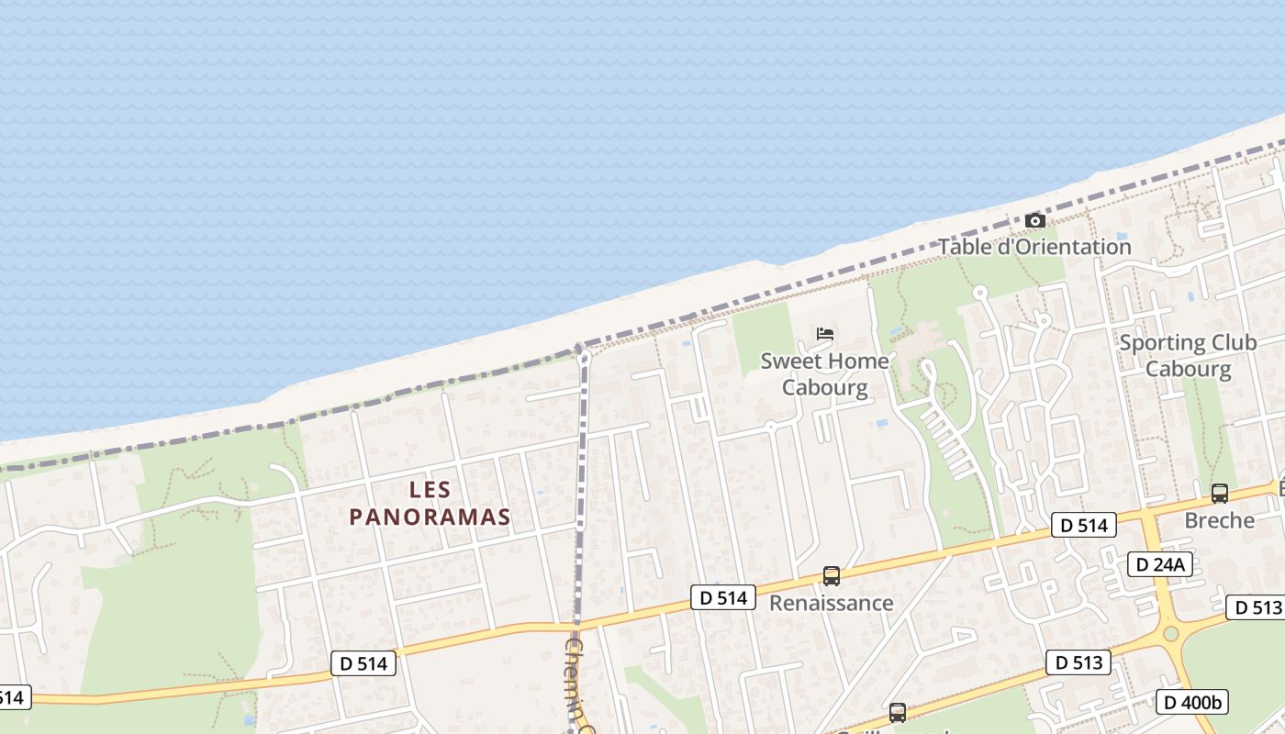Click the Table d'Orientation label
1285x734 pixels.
[x=1034, y=247]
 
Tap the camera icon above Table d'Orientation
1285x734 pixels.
[x=1034, y=220]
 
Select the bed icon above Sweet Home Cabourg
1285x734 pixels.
[x=824, y=334]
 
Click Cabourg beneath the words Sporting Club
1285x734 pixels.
[x=1188, y=369]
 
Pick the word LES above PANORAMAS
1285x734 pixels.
[x=430, y=489]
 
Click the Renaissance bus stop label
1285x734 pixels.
[x=831, y=603]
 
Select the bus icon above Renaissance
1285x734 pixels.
[x=831, y=576]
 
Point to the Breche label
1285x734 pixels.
[x=1219, y=520]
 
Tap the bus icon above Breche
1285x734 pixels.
[x=1219, y=494]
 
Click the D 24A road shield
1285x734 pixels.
[x=1159, y=564]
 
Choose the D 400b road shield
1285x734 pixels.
[x=1191, y=702]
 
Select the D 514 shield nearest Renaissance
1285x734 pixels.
[x=722, y=598]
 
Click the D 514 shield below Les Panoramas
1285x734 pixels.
[x=363, y=663]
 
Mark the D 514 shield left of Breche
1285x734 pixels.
[x=1083, y=525]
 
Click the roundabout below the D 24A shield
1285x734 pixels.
[x=1170, y=633]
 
